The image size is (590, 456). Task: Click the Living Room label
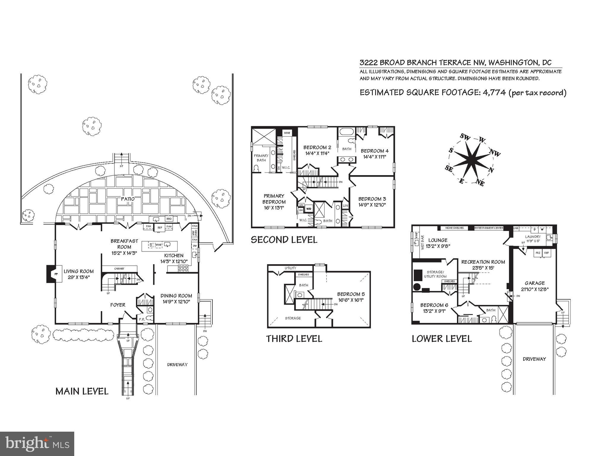coord(78,271)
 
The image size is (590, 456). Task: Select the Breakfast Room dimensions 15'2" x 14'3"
coord(124,253)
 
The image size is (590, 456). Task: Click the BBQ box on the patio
coord(169,219)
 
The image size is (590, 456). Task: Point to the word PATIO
coord(128,199)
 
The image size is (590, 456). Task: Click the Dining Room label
coord(176,296)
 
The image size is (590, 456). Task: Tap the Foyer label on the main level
coord(118,305)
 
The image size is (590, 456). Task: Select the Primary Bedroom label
coord(274,199)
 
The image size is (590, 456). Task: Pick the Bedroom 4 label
coord(374,151)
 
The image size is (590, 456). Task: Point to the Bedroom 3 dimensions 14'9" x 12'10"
coord(372,205)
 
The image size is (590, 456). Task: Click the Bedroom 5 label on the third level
coord(351,294)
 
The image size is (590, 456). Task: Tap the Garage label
coord(534,283)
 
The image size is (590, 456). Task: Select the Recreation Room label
coord(483,262)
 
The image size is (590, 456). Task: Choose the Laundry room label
coord(533,237)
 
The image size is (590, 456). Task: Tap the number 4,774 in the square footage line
coord(494,92)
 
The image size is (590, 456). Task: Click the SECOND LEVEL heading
coord(284,240)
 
